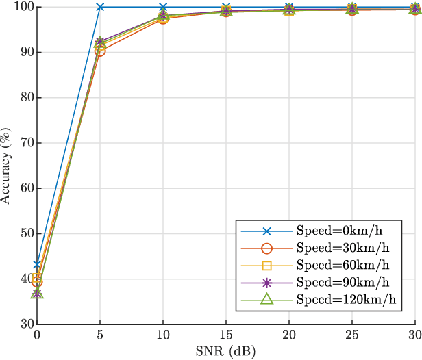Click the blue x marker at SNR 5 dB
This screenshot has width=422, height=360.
(x=100, y=7)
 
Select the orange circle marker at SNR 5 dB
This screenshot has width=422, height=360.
(x=100, y=51)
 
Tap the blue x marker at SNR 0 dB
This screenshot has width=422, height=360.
(x=37, y=264)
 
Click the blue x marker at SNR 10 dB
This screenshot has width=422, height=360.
(x=163, y=7)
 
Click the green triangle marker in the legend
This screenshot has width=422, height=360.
(x=267, y=299)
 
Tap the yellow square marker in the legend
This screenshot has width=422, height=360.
(x=267, y=265)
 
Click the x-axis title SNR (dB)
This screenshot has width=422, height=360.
(x=226, y=352)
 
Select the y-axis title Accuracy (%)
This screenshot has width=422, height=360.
(x=7, y=165)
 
